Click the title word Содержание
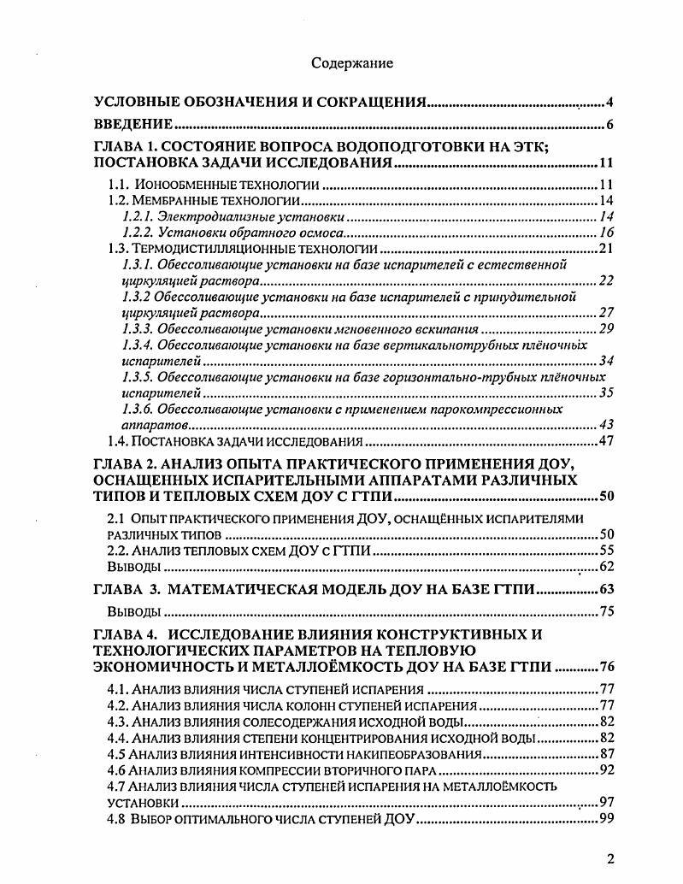pos(351,62)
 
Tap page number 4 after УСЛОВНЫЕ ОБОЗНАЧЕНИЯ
pos(609,103)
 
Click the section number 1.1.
pos(118,185)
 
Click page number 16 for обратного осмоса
pos(606,233)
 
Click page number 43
pos(606,425)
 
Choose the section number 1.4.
pos(118,441)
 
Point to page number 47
pos(606,441)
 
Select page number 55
pos(606,551)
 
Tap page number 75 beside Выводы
pos(606,611)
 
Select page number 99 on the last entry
pos(606,819)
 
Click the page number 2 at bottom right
pos(610,859)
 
